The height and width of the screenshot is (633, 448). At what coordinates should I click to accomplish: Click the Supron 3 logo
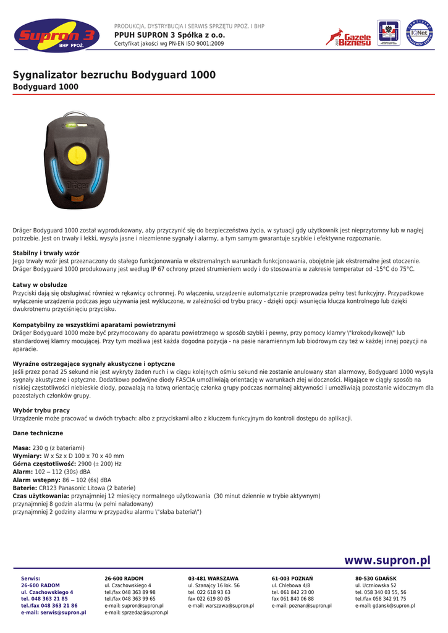coord(56,37)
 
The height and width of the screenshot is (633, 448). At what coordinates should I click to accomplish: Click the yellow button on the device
coord(76,154)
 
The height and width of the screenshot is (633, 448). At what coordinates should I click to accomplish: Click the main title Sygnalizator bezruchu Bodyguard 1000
coord(114,75)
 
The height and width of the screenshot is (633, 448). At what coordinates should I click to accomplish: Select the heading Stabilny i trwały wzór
coord(46,253)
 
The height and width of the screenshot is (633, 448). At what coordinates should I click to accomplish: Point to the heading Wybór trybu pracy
coord(41,410)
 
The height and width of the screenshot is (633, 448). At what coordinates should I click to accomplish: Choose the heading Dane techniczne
coord(38,433)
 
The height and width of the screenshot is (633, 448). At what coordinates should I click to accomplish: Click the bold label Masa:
coord(22,448)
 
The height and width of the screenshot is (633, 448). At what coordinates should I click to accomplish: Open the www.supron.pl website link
coord(387,561)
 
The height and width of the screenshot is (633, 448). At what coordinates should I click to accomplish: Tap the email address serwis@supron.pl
coord(61,613)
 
